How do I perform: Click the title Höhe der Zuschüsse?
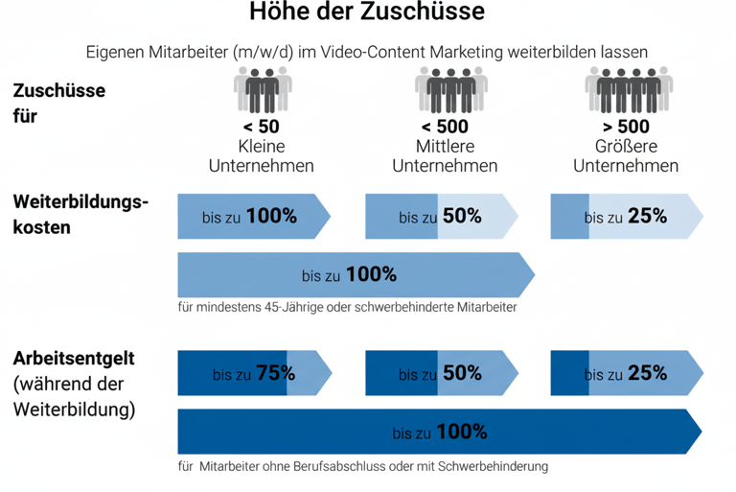(367, 13)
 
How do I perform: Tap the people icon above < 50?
(262, 94)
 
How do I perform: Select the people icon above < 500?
(445, 94)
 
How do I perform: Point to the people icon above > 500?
(628, 94)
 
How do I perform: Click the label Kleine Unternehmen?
(262, 156)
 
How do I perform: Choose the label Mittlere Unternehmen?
(445, 156)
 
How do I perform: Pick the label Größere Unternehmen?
(626, 156)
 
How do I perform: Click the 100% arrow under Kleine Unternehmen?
(253, 216)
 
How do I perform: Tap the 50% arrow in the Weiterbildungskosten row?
(440, 216)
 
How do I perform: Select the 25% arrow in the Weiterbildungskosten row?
(626, 216)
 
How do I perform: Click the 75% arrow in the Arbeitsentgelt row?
(253, 373)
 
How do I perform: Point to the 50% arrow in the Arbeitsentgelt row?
(440, 373)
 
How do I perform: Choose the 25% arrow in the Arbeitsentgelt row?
(626, 373)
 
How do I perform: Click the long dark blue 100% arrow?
(439, 432)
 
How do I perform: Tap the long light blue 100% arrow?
(355, 275)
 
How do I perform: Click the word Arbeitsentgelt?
(74, 359)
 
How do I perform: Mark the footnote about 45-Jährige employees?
(348, 308)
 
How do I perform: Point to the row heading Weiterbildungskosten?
(81, 215)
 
